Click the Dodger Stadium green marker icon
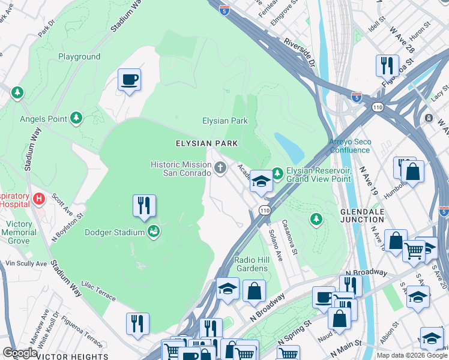click(154, 232)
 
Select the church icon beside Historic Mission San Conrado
click(220, 167)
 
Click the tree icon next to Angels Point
click(76, 118)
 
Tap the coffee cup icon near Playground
click(129, 80)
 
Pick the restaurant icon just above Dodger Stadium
click(144, 206)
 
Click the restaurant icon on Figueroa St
click(387, 64)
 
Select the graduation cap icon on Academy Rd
click(261, 181)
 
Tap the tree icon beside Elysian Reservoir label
click(277, 173)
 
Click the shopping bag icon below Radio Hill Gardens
click(254, 291)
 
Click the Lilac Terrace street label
click(98, 290)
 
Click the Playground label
click(79, 56)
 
